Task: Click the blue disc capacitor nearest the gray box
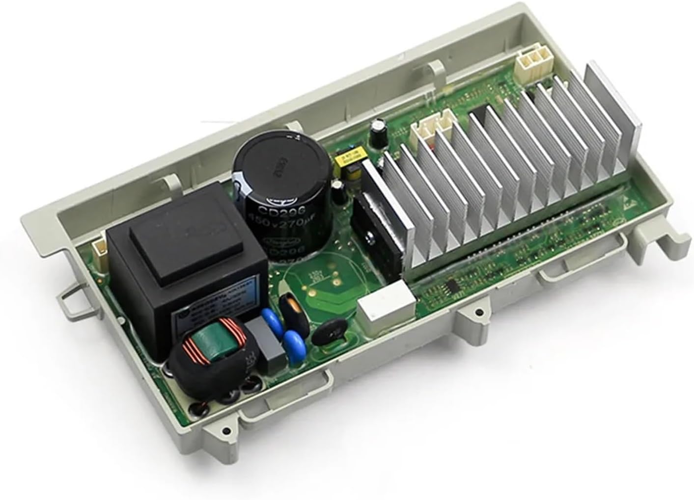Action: click(293, 339)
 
